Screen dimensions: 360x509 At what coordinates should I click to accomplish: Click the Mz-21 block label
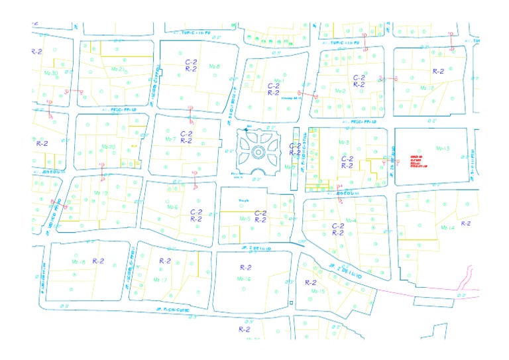[x=119, y=69]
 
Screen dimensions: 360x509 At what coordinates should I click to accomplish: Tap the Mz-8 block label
[x=214, y=67]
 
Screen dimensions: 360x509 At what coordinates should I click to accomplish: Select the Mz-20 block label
[x=109, y=147]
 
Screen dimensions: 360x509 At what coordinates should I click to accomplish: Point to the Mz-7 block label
[x=170, y=139]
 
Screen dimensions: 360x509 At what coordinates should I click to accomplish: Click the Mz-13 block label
[x=443, y=149]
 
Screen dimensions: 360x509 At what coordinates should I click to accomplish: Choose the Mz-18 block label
[x=78, y=263]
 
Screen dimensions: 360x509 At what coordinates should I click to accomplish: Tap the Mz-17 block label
[x=160, y=280]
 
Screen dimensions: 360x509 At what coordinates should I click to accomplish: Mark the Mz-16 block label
[x=244, y=280]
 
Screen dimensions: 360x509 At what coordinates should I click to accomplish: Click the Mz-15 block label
[x=318, y=290]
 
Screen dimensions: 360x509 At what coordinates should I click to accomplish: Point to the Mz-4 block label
[x=351, y=221]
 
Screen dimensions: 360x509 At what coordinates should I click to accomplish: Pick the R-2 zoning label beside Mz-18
[x=99, y=261]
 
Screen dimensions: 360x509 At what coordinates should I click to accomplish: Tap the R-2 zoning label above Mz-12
[x=438, y=70]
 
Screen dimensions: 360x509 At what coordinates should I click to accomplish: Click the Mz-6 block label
[x=172, y=207]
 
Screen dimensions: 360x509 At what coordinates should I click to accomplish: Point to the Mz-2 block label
[x=341, y=91]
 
